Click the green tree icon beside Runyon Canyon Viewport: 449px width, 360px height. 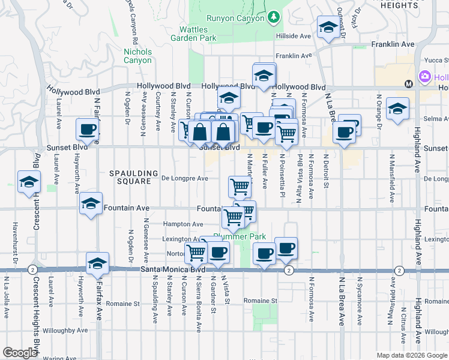click(x=274, y=17)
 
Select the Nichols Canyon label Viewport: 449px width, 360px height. click(x=137, y=56)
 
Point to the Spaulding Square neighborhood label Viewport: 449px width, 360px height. click(x=133, y=173)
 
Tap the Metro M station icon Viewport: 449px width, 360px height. click(x=408, y=83)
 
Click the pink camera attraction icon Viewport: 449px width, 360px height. click(x=426, y=77)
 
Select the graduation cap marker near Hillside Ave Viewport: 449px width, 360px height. click(x=328, y=27)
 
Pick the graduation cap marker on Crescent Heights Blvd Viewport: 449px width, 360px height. click(x=28, y=182)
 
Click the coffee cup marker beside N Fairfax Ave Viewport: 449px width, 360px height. click(x=88, y=129)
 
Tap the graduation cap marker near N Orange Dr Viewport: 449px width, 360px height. click(x=397, y=109)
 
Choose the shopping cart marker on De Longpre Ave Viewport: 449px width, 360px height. click(x=240, y=187)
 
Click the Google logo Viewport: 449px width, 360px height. click(x=20, y=353)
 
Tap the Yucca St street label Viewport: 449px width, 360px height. click(x=436, y=60)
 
